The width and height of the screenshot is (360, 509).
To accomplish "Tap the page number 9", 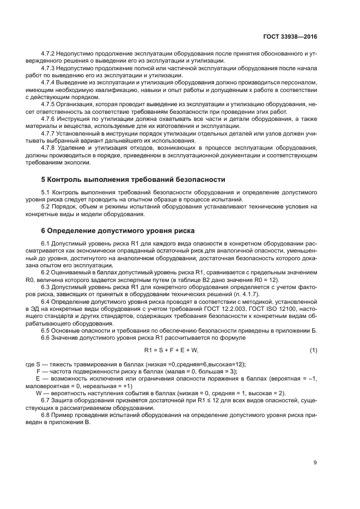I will coord(315,463).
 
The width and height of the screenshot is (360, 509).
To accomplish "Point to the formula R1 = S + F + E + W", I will coord(171,349).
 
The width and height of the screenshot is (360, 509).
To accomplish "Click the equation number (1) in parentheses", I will coord(313,349).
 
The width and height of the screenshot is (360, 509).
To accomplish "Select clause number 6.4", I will coord(46,301).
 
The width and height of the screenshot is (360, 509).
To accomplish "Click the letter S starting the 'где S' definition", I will coord(38,364).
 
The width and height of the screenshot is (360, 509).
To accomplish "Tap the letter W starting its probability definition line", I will coord(38,394).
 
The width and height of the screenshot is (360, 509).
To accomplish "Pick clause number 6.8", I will coord(46,415).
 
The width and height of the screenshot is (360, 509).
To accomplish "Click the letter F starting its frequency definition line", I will coord(38,371).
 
